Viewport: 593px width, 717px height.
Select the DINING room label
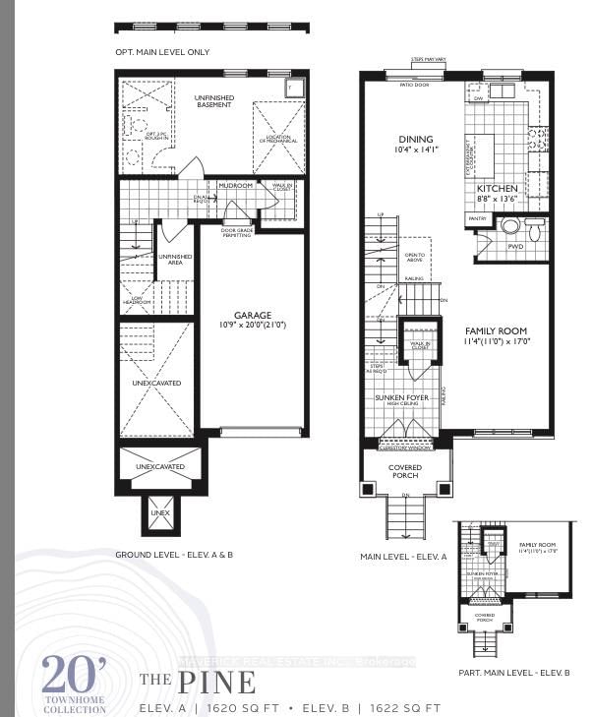pyautogui.click(x=415, y=139)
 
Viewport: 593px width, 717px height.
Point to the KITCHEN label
pyautogui.click(x=498, y=187)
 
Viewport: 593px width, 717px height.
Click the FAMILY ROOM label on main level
pyautogui.click(x=496, y=331)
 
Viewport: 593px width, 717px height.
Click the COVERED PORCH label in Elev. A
pyautogui.click(x=405, y=471)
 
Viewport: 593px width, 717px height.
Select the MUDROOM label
pyautogui.click(x=236, y=185)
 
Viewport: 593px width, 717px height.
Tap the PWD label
pyautogui.click(x=515, y=248)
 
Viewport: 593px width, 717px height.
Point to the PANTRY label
pyautogui.click(x=478, y=218)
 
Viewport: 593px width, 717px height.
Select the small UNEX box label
pyautogui.click(x=159, y=513)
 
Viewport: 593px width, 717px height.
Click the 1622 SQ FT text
pyautogui.click(x=404, y=708)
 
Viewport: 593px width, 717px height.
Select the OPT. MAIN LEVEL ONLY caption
pyautogui.click(x=161, y=52)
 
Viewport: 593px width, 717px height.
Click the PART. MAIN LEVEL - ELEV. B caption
pyautogui.click(x=514, y=672)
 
